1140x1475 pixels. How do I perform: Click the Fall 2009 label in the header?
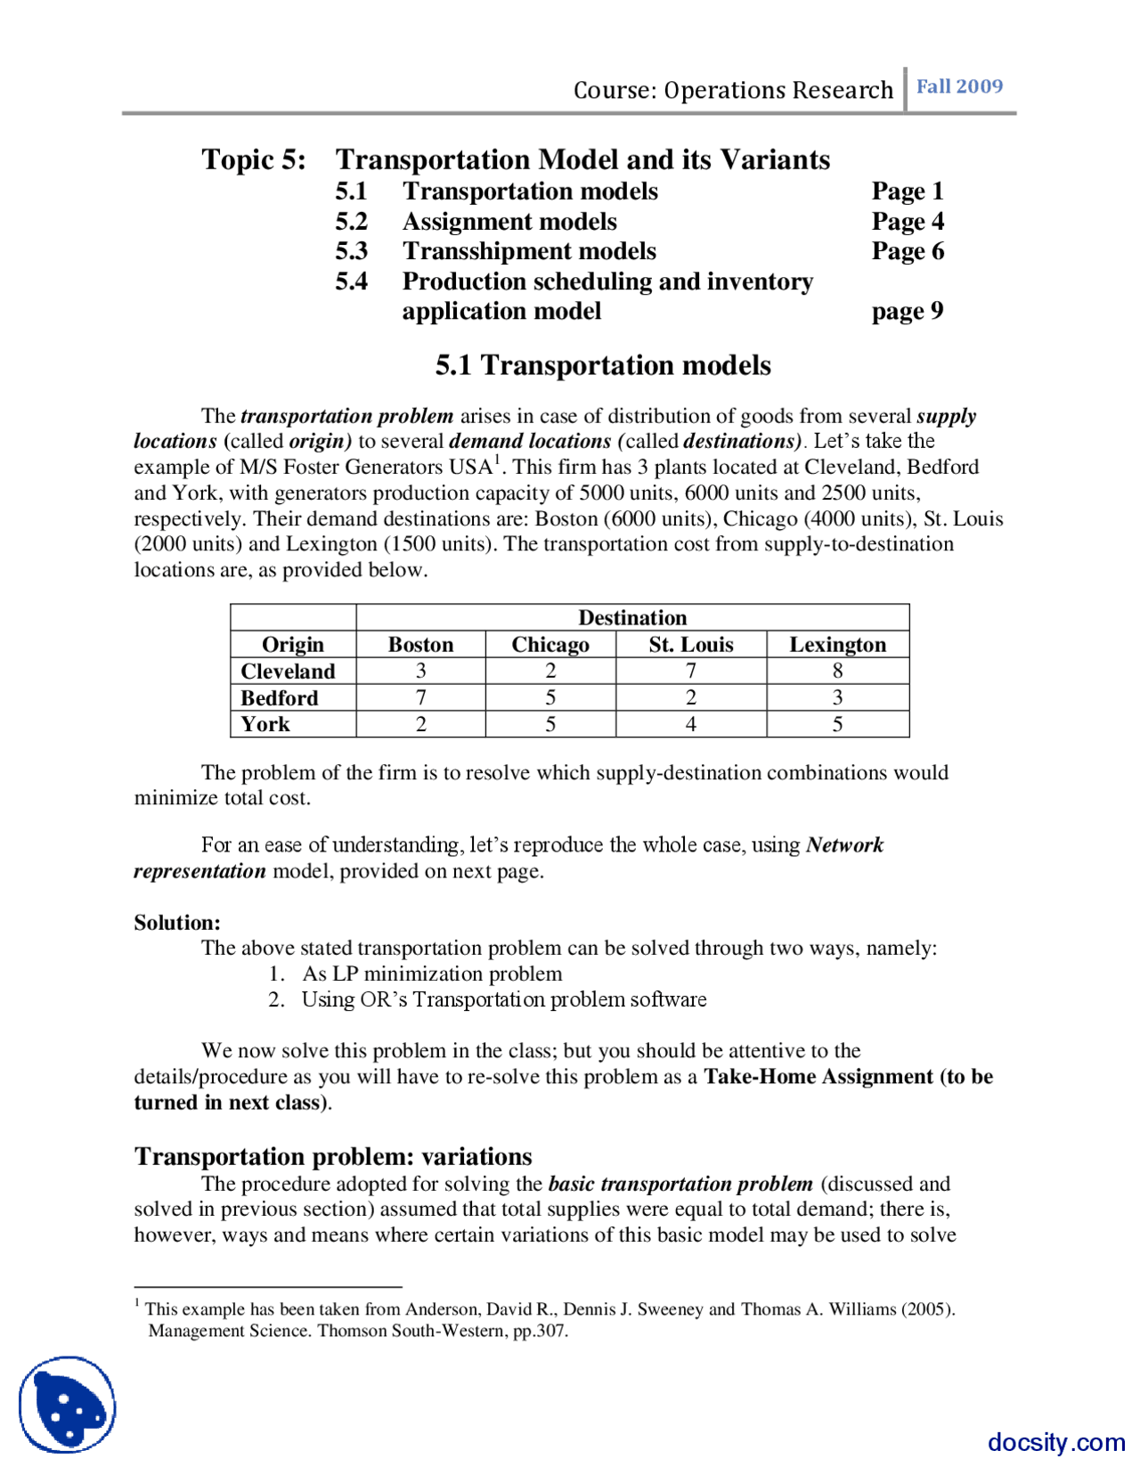point(959,86)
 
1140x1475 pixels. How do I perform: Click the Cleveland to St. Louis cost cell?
point(690,671)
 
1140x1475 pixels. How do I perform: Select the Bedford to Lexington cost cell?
point(836,697)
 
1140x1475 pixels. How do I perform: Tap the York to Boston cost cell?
point(420,724)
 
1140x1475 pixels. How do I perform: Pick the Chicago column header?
point(550,644)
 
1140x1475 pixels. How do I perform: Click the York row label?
point(265,724)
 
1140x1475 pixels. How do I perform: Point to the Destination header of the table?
point(632,617)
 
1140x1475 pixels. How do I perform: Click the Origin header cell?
point(292,644)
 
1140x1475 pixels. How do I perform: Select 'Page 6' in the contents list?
point(907,251)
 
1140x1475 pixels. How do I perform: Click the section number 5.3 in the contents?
point(351,251)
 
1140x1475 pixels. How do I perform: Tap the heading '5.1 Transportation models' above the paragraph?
point(603,365)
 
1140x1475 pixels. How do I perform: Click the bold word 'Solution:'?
point(177,922)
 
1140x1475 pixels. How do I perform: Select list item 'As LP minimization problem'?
point(432,974)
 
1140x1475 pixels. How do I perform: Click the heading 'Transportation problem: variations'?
point(333,1156)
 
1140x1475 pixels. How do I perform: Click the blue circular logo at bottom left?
point(68,1405)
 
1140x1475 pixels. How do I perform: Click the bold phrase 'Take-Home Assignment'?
point(818,1076)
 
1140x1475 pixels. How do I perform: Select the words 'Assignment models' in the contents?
point(509,222)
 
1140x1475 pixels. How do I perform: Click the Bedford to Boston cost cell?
point(420,697)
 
